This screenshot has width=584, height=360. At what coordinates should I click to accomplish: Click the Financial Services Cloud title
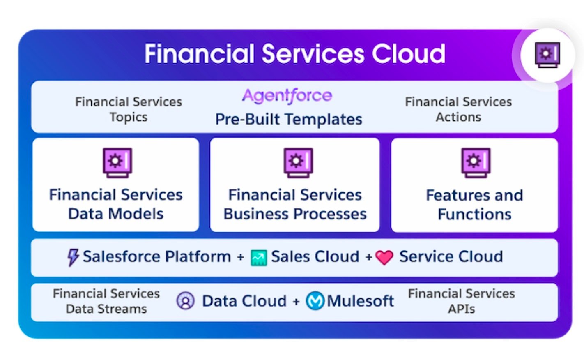tap(295, 54)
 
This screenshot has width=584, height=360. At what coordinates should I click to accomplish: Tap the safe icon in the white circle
tap(547, 55)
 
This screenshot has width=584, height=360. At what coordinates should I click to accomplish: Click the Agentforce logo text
tap(287, 96)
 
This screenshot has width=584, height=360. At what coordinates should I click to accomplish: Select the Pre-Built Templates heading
tap(289, 119)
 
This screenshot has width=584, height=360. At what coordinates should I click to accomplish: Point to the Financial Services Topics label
tap(129, 109)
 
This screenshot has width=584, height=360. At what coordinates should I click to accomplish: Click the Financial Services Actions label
tap(458, 109)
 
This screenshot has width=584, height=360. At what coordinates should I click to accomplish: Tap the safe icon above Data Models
tap(117, 163)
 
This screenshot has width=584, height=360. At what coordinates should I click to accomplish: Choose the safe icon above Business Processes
tap(298, 163)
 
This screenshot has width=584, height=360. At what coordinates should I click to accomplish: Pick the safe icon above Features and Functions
tap(476, 163)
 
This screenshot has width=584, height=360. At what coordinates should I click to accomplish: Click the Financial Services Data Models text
tap(116, 204)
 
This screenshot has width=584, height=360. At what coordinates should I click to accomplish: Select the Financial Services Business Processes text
tap(295, 204)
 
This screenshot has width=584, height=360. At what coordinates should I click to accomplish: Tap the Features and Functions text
tap(474, 205)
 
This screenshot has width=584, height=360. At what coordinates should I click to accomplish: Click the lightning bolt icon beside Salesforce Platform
tap(73, 257)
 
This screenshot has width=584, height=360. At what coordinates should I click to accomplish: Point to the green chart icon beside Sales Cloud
tap(259, 258)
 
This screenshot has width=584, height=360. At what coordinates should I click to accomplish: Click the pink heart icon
tap(384, 257)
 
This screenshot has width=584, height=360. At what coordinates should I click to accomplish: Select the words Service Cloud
tap(451, 256)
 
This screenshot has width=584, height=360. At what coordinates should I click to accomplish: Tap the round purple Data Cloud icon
tap(185, 300)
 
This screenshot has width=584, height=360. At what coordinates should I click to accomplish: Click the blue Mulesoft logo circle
tap(315, 300)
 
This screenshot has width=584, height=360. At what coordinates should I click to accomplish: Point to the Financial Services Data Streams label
tap(106, 301)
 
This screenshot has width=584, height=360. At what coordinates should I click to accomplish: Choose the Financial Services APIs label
tap(462, 301)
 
